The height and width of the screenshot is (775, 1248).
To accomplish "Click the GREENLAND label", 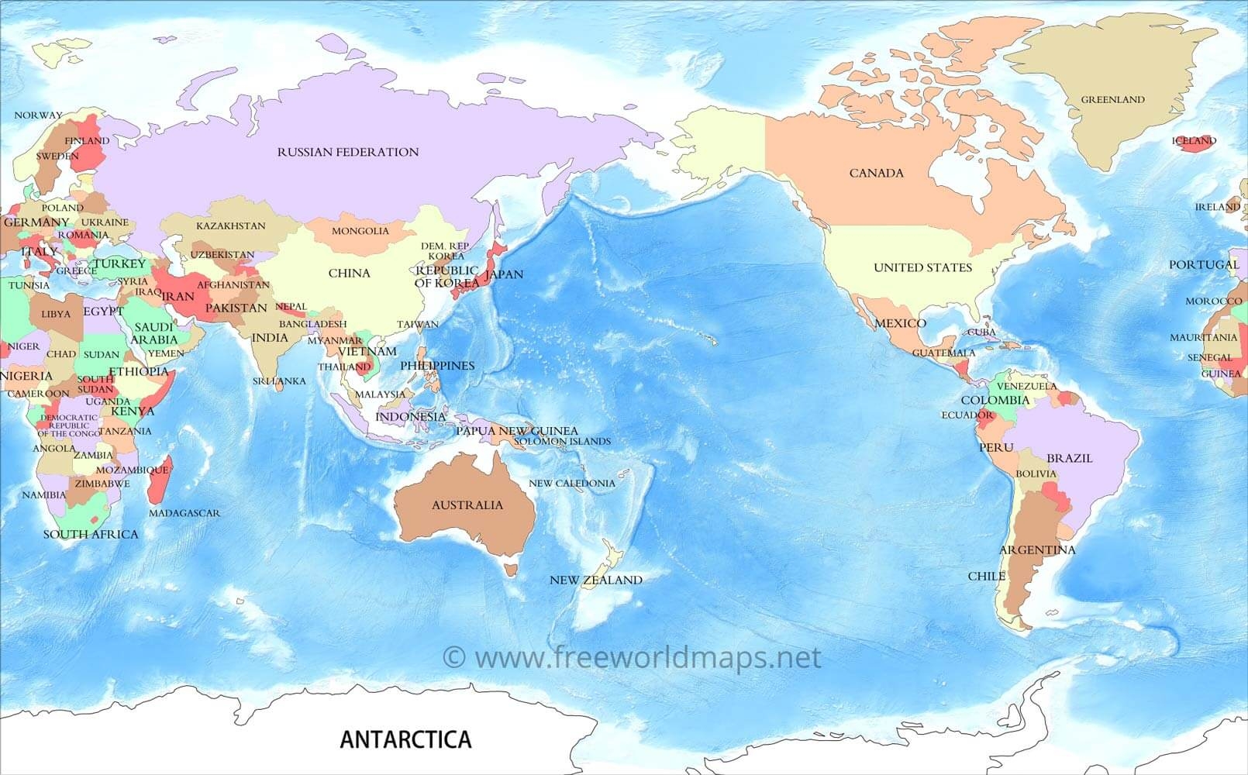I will (1112, 99).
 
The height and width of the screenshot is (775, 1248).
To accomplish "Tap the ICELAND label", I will (1194, 141).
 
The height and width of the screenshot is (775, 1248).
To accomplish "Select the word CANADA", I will (876, 173).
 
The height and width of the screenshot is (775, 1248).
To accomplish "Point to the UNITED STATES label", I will (922, 267).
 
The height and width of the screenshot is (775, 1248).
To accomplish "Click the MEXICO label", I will (900, 323).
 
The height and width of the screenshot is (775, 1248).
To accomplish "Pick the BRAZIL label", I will (1069, 458).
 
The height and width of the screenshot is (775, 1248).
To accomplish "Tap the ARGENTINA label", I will (1037, 550).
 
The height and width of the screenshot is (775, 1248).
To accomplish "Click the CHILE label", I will (987, 577).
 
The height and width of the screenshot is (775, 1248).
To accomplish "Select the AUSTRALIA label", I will (467, 505).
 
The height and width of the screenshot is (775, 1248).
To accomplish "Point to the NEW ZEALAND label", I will (595, 580).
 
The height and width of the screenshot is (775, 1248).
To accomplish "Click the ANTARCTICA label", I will (405, 739).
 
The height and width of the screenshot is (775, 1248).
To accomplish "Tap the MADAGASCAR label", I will (184, 513).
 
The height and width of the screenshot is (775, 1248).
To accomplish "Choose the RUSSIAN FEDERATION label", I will (348, 152).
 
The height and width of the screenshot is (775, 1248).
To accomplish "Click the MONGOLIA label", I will (360, 231).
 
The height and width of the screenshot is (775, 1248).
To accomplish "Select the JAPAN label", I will (504, 274).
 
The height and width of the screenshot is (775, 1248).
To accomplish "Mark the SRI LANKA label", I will (279, 381).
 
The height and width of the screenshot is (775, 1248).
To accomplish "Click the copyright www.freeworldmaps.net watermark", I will (632, 657).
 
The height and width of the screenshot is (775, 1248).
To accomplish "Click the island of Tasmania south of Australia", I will (509, 570).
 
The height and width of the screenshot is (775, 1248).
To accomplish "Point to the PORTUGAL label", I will (1204, 265).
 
